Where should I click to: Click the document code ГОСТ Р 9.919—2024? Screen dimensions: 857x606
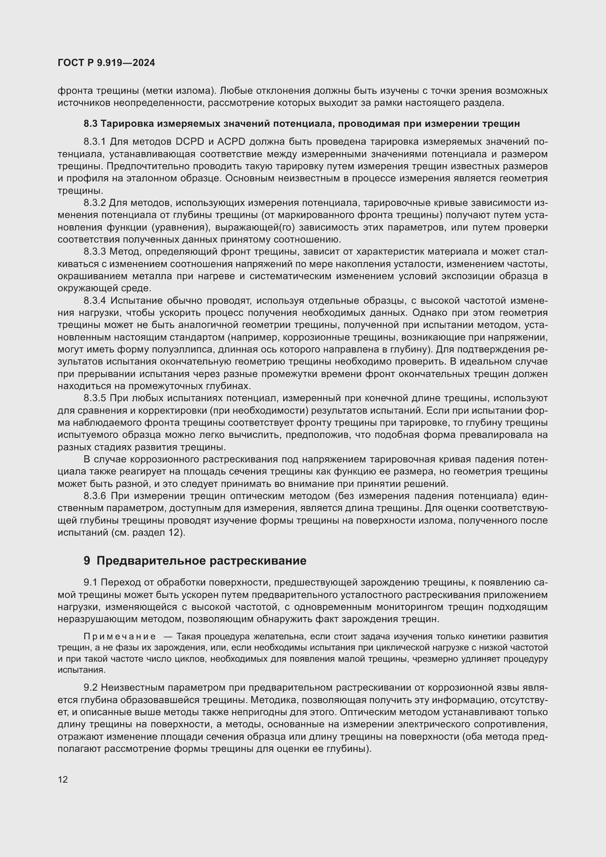[106, 63]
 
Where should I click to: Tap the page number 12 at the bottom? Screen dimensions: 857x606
[63, 779]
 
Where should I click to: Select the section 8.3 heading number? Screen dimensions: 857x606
[90, 123]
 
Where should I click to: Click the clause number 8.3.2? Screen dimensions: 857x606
[95, 203]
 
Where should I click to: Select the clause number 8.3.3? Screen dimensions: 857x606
[95, 252]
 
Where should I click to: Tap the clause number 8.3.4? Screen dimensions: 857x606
[95, 301]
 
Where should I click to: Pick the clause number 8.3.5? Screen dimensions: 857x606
[95, 399]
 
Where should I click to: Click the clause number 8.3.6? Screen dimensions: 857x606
[95, 496]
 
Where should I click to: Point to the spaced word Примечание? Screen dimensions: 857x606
[119, 636]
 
